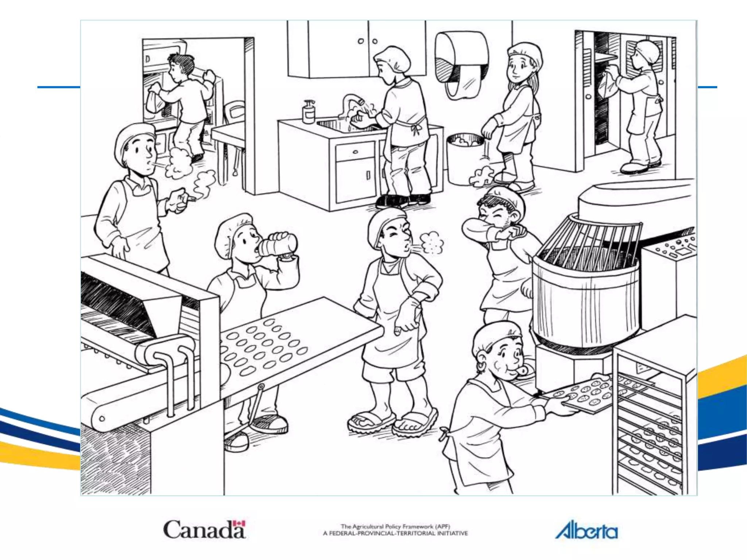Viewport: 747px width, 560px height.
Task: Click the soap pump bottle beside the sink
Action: click(x=309, y=112)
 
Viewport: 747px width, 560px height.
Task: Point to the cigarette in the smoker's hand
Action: click(x=190, y=199)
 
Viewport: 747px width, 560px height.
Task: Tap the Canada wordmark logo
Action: click(x=204, y=529)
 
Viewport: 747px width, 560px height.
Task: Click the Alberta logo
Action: click(x=586, y=530)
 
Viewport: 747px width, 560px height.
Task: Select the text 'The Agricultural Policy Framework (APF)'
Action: click(x=395, y=526)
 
